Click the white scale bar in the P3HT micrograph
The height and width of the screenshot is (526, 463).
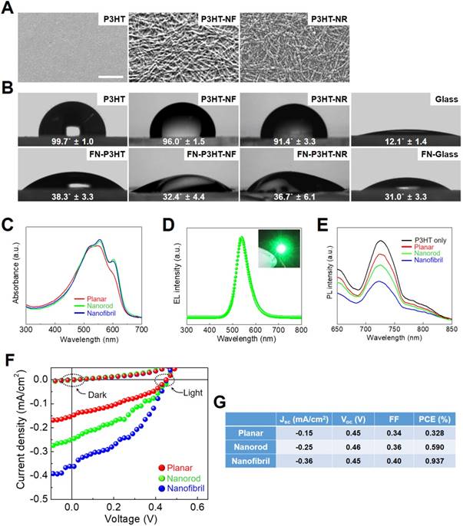(x=111, y=76)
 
